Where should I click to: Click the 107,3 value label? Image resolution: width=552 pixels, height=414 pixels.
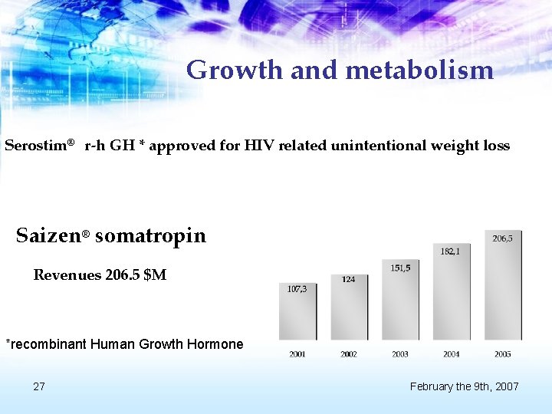(x=297, y=289)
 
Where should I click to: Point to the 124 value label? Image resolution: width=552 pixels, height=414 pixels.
(x=348, y=279)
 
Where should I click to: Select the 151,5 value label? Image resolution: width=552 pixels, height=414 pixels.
(x=400, y=268)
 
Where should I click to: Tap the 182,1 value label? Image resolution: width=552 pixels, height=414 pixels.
(x=450, y=251)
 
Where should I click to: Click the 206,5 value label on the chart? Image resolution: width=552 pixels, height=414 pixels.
(x=502, y=238)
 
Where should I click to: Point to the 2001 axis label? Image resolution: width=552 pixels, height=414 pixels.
(x=297, y=354)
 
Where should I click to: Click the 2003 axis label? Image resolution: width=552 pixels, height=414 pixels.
(x=400, y=354)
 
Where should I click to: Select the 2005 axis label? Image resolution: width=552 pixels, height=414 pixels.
(x=502, y=354)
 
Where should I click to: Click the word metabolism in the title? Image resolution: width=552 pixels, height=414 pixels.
(x=419, y=71)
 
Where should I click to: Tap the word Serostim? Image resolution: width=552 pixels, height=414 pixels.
(x=37, y=146)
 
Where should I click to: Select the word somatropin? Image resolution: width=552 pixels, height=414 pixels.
(x=150, y=235)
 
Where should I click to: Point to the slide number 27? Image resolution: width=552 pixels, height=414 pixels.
(x=39, y=386)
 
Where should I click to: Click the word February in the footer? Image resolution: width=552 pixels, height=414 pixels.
(x=433, y=386)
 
